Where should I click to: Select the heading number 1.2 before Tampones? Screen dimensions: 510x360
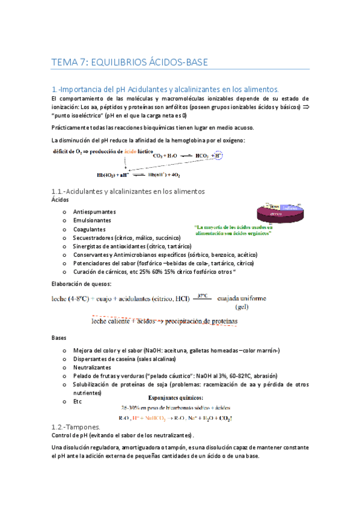click(60, 426)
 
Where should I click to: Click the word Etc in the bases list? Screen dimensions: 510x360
click(77, 401)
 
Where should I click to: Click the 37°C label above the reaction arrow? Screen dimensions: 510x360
click(203, 295)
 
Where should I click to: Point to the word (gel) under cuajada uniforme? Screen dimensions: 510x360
click(242, 307)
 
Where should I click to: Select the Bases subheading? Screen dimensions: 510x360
click(61, 338)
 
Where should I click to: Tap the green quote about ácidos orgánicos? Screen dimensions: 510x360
click(233, 230)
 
